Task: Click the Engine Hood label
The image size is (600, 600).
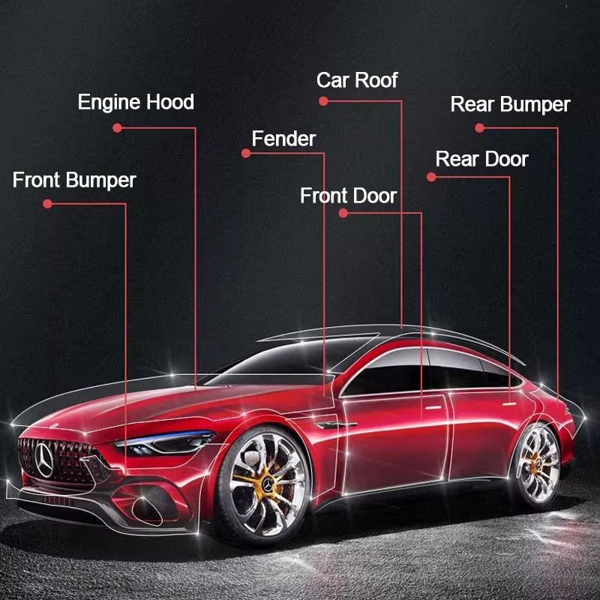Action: click(x=136, y=102)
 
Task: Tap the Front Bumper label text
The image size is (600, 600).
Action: click(x=74, y=180)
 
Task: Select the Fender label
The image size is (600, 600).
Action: click(x=283, y=139)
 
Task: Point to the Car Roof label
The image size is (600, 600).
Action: click(x=357, y=80)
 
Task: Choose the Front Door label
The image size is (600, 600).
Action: click(x=348, y=196)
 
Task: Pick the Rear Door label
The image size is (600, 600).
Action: click(x=481, y=159)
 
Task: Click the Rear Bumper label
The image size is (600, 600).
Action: click(x=510, y=104)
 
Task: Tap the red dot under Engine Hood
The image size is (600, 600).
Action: click(x=117, y=127)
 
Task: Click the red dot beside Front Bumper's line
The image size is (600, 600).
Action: click(x=47, y=203)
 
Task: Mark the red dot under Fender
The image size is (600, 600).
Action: click(x=245, y=154)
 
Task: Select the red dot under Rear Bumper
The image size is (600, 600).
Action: click(x=479, y=127)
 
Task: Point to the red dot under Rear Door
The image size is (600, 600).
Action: click(x=430, y=177)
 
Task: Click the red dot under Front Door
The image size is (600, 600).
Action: click(x=343, y=213)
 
